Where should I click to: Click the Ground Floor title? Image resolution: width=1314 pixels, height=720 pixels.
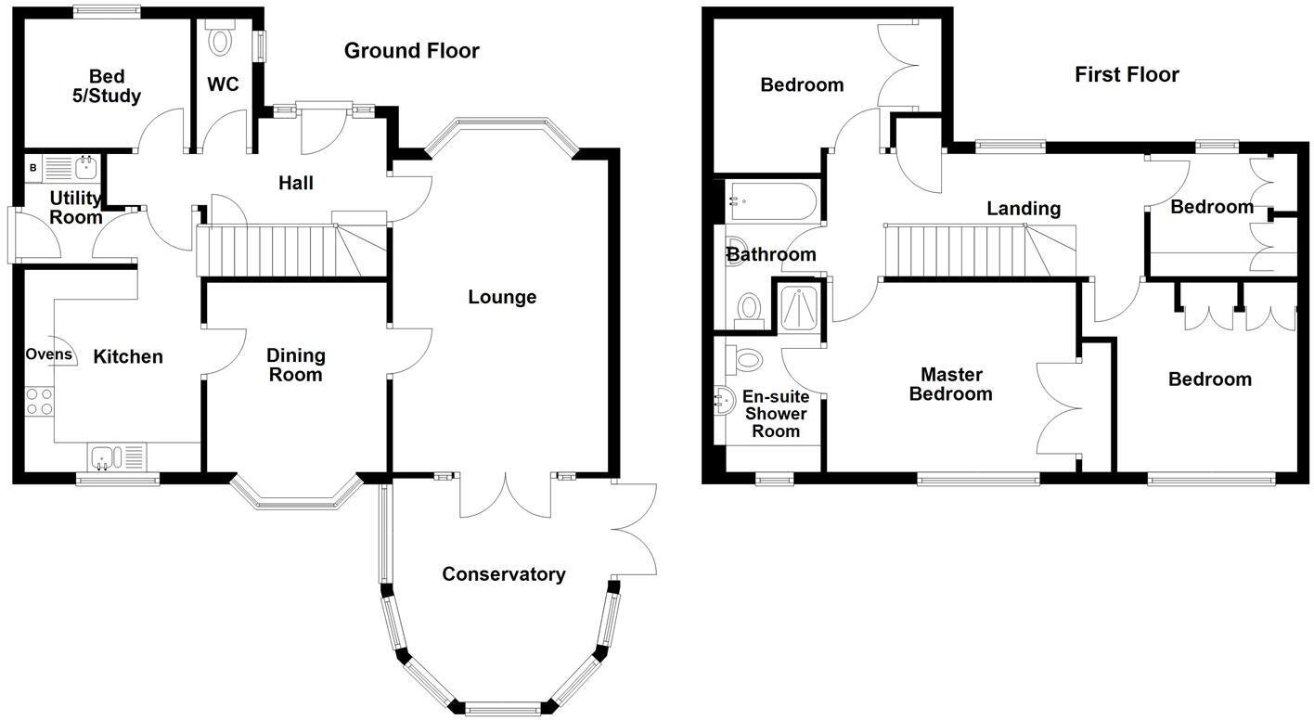[411, 51]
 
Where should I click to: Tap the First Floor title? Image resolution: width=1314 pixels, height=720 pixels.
[1127, 74]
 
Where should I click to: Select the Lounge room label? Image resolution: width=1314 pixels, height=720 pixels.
[502, 297]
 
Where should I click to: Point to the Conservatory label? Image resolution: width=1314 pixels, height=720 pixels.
[503, 574]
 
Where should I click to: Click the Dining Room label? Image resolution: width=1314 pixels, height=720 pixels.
[296, 365]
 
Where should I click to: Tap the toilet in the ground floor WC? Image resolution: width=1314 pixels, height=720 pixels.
[221, 39]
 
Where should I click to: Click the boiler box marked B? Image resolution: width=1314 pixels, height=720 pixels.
[32, 168]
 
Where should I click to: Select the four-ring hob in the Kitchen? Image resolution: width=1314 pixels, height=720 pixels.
[39, 401]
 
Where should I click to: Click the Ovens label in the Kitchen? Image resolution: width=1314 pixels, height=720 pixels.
[48, 354]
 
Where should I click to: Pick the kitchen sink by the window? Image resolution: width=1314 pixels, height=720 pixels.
[117, 456]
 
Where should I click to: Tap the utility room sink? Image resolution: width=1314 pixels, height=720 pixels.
[72, 168]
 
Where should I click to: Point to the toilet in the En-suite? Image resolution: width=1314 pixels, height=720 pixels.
[744, 359]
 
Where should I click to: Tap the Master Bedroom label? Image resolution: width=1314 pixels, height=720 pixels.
[951, 384]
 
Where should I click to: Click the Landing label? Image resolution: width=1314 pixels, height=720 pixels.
[1024, 209]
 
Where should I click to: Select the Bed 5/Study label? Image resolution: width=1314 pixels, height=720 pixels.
[107, 86]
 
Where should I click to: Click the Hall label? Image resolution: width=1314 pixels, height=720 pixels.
[296, 183]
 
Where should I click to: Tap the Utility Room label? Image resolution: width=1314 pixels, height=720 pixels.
[76, 208]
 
